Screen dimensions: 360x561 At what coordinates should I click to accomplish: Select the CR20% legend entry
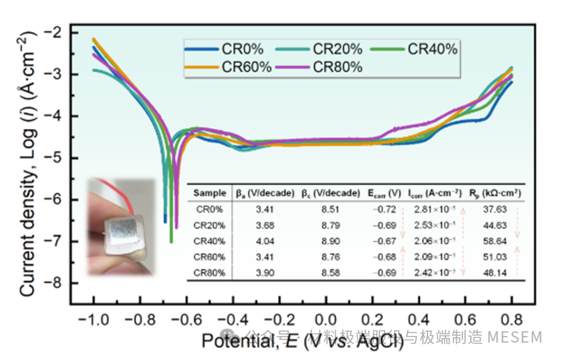coord(337,49)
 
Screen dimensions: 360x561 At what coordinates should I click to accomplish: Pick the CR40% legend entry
coord(432,49)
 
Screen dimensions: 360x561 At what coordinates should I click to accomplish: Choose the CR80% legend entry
coord(337,67)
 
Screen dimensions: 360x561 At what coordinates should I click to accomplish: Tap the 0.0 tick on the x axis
coord(325,319)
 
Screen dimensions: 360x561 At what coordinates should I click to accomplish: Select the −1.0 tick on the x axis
coord(93,319)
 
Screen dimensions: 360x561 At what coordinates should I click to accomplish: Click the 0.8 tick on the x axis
coord(511,319)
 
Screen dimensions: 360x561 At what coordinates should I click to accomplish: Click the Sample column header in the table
coord(210,193)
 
